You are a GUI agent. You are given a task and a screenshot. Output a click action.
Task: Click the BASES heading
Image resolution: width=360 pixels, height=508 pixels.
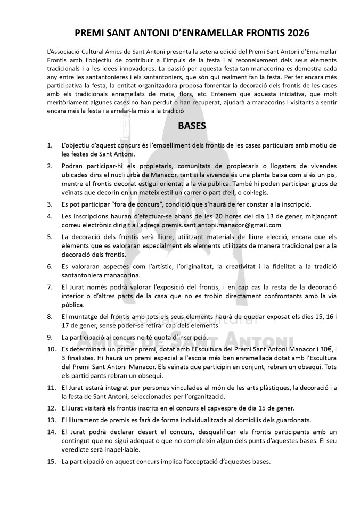179,127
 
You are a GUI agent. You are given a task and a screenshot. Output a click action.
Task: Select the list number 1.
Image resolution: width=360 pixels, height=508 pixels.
50,145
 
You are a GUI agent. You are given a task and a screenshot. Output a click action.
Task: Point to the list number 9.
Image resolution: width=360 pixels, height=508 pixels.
50,338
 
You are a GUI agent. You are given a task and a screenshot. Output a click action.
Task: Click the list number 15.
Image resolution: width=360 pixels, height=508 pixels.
51,461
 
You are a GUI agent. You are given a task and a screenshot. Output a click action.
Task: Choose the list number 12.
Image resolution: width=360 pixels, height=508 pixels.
51,408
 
